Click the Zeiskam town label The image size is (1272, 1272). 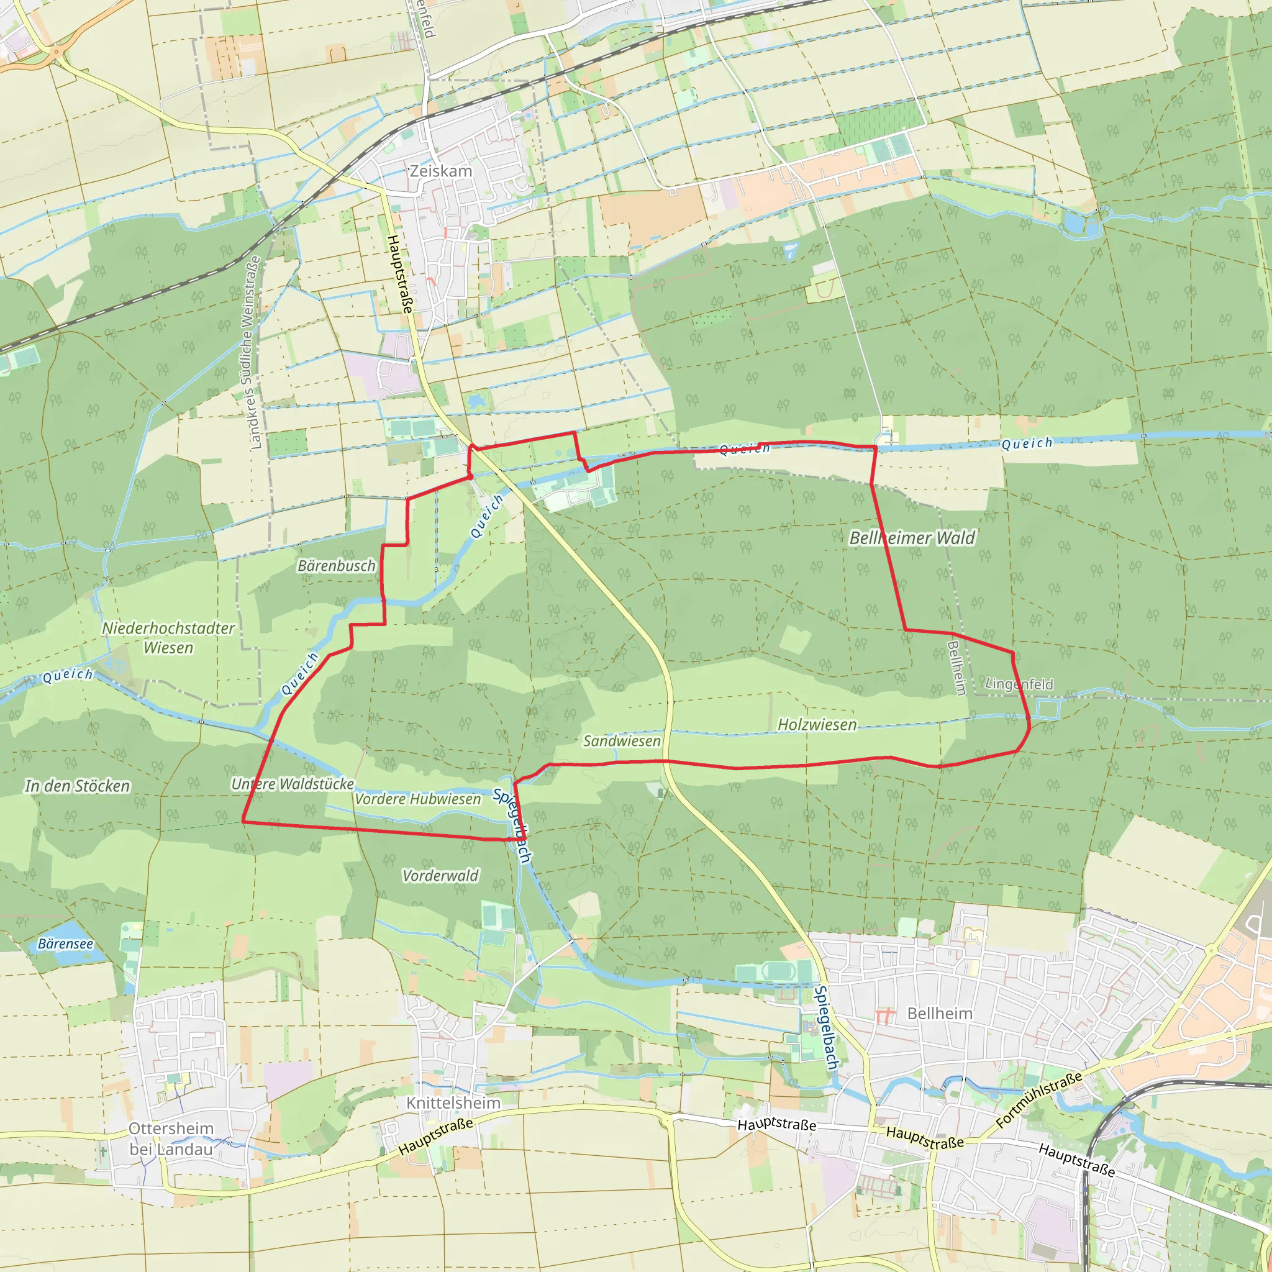click(440, 171)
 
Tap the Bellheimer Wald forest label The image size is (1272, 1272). click(912, 538)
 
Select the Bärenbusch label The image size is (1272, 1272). click(337, 566)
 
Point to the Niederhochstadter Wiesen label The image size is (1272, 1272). click(168, 637)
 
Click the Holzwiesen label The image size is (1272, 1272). click(817, 724)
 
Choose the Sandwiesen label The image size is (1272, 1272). click(622, 741)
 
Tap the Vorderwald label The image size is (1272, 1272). click(440, 876)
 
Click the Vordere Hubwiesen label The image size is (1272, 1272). click(418, 799)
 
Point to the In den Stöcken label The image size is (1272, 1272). click(78, 786)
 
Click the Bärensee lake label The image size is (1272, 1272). click(65, 943)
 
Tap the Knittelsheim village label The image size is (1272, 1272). click(453, 1102)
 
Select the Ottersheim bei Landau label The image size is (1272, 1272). click(171, 1138)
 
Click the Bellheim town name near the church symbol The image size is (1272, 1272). click(940, 1013)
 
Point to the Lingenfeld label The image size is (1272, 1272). click(1019, 684)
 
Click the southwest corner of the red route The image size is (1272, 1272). click(243, 822)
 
